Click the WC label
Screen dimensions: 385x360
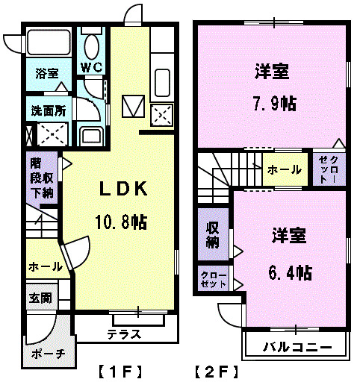point(93,67)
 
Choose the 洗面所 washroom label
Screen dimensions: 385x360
point(48,110)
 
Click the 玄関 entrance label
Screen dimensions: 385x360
point(41,298)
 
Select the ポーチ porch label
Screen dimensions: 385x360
point(49,354)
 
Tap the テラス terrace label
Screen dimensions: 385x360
point(123,334)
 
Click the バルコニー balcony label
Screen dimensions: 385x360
point(296,346)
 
